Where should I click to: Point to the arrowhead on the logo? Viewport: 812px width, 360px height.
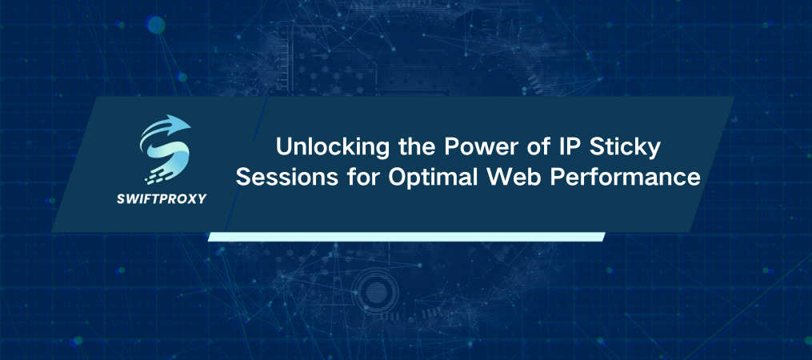click(x=182, y=126)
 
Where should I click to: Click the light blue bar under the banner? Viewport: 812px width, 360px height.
click(x=406, y=236)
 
